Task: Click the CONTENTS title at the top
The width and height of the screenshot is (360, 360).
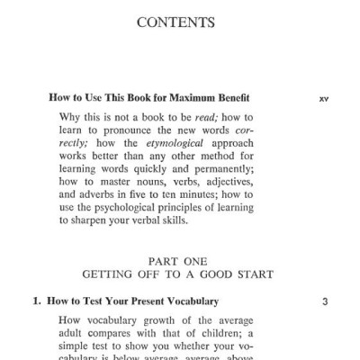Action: [x=180, y=20]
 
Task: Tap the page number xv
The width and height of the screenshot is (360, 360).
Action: [x=324, y=97]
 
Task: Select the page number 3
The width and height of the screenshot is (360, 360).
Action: [x=325, y=301]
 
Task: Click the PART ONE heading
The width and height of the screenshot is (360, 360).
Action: [x=180, y=256]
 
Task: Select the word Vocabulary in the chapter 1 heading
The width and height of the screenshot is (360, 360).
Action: [x=187, y=301]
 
